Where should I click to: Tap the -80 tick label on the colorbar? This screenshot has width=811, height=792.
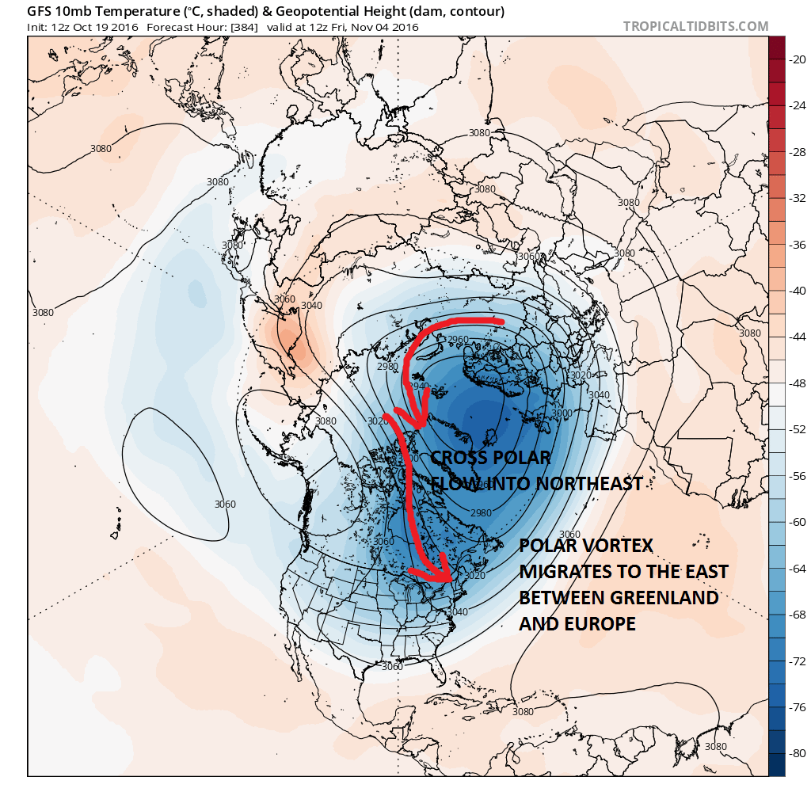[x=799, y=753]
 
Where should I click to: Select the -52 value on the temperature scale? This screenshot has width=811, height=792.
[x=799, y=428]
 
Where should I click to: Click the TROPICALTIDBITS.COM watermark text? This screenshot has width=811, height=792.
[x=695, y=26]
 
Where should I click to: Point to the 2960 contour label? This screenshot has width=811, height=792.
[x=459, y=340]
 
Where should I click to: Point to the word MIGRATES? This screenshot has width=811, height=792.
[x=569, y=571]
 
